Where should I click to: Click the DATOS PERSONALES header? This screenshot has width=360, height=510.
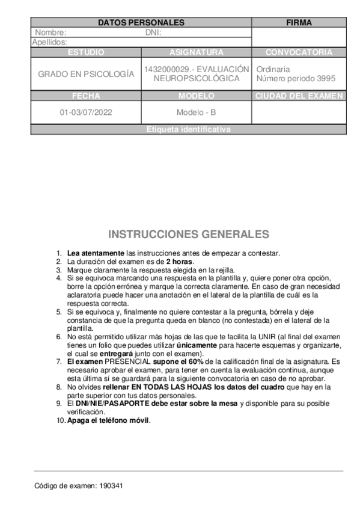click(x=141, y=23)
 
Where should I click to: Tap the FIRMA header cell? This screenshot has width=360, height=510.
click(x=299, y=23)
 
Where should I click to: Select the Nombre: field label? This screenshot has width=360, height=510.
click(x=50, y=32)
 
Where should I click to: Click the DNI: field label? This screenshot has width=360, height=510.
click(x=154, y=32)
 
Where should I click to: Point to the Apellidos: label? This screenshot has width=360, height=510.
click(x=49, y=42)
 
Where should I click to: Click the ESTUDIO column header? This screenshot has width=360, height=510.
click(x=86, y=52)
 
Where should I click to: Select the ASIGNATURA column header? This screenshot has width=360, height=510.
click(x=196, y=52)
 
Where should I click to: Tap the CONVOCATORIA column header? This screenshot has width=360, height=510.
click(x=299, y=52)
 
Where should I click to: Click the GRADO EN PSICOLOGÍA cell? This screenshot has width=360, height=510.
click(x=86, y=74)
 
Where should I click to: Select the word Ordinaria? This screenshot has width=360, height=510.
click(x=273, y=69)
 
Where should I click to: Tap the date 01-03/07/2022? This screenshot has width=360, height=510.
click(x=86, y=112)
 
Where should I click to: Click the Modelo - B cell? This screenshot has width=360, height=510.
click(x=196, y=112)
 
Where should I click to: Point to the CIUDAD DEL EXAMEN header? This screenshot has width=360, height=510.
click(x=299, y=96)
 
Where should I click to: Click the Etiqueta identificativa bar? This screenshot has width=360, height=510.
click(x=188, y=129)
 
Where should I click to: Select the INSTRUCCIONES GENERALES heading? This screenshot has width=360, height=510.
click(x=188, y=235)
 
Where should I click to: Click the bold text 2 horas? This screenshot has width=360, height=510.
click(x=180, y=262)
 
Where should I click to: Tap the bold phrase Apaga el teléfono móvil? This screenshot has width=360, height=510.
click(x=109, y=420)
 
